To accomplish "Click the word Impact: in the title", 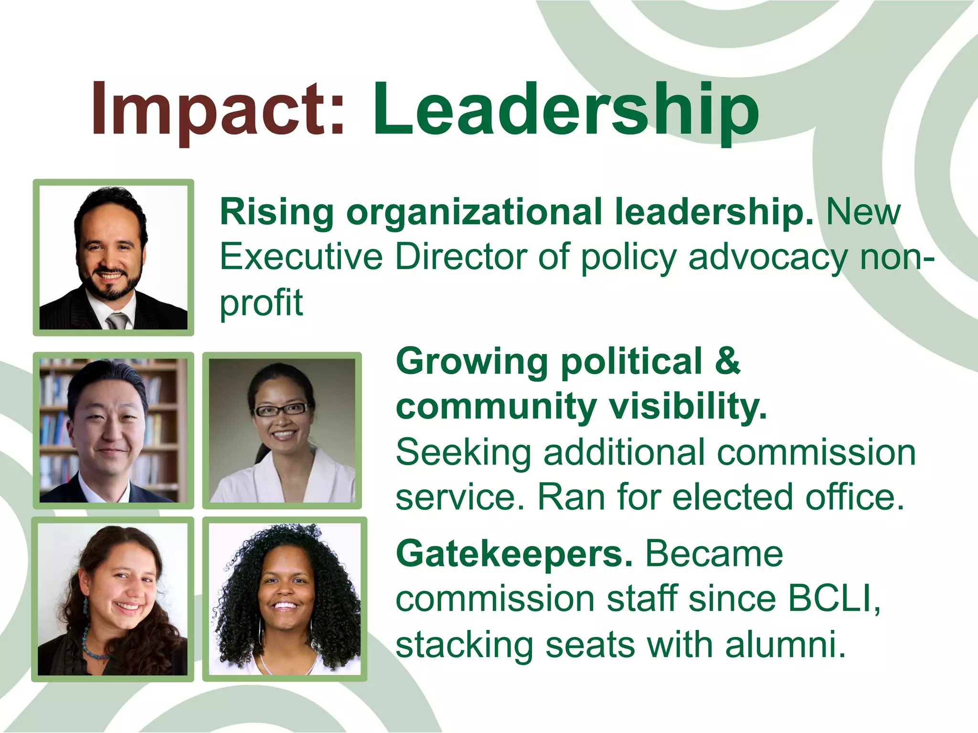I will (217, 111).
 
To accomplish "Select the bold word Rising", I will (276, 212).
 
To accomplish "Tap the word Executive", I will (301, 257).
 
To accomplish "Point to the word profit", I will (261, 303).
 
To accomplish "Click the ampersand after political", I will (727, 361).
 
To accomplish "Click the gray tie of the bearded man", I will (117, 321).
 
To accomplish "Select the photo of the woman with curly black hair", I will (285, 599).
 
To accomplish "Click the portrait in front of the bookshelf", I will (113, 430).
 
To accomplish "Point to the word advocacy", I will (767, 257).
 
